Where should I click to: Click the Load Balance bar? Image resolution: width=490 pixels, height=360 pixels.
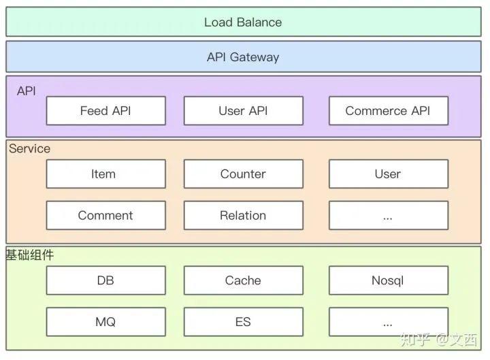pos(244,22)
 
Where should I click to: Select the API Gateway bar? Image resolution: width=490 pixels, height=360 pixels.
pos(244,57)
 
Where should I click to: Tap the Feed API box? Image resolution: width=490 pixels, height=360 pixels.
pos(106,111)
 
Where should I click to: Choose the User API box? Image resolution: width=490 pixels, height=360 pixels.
pos(244,111)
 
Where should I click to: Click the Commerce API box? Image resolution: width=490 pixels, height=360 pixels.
pos(389,111)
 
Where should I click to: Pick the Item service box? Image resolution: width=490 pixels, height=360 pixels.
pos(106,174)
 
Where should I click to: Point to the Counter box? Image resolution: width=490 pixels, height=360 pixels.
pos(244,174)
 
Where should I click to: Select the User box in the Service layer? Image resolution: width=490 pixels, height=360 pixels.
pos(389,174)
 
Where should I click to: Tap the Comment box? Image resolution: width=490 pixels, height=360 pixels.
pos(106,215)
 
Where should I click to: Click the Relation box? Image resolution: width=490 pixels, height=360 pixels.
pos(244,215)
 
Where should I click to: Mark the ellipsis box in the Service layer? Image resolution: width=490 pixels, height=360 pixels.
pos(389,215)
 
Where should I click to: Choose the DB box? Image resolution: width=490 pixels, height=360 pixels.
pos(106,280)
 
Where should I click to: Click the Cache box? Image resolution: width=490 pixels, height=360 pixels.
pos(244,280)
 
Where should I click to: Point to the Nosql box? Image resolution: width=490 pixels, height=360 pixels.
pos(389,280)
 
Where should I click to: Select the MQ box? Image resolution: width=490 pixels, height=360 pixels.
pos(106,322)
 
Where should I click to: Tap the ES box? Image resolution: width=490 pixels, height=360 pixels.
pos(244,322)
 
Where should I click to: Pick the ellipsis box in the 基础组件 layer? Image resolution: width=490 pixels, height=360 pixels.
pos(389,322)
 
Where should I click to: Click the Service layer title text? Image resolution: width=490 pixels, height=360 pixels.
pos(29,148)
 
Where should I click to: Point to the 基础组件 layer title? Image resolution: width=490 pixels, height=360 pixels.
pos(30,255)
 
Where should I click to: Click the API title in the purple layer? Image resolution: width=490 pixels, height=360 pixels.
pos(27,91)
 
